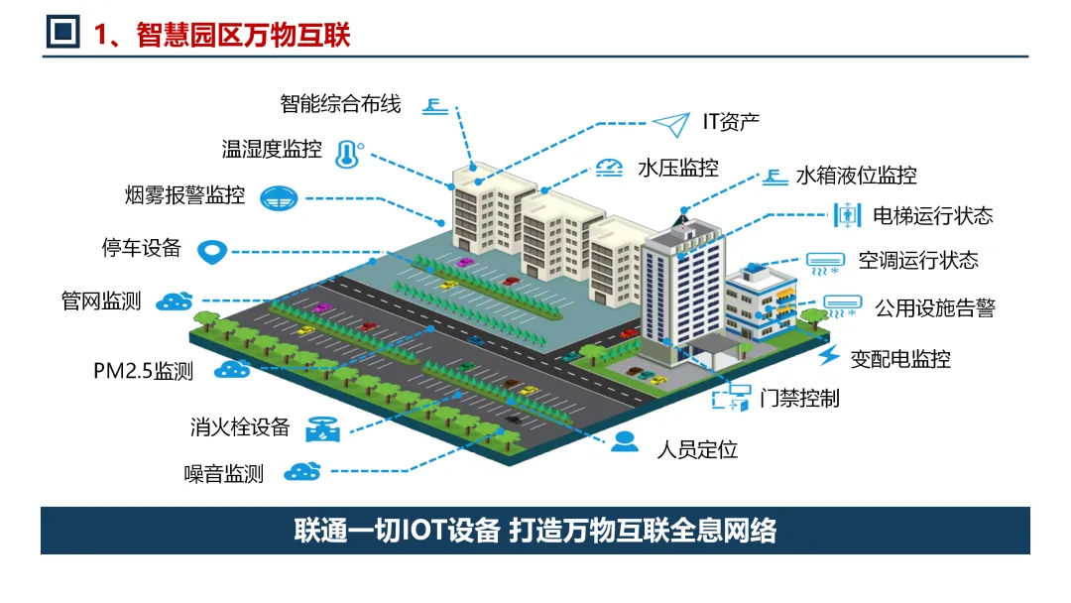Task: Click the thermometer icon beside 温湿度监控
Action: tap(346, 152)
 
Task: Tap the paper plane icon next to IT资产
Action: tap(670, 124)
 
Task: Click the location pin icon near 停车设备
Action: tap(212, 252)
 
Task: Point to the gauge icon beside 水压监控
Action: tap(609, 168)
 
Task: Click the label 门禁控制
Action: tap(799, 399)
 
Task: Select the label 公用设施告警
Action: tap(935, 307)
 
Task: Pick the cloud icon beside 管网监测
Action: tap(175, 301)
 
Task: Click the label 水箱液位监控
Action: tap(857, 177)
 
